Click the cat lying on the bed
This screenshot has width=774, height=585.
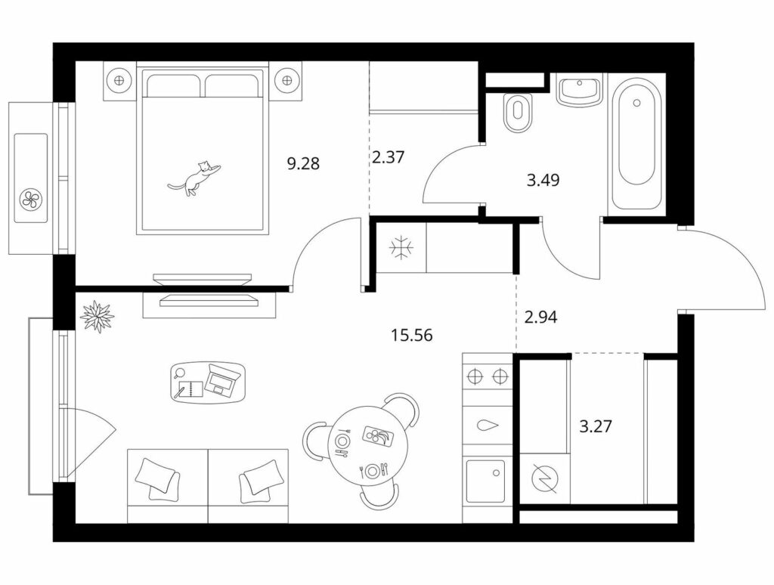pos(194,178)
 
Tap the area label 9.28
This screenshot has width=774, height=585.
pos(303,163)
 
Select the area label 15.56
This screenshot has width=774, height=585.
pos(412,336)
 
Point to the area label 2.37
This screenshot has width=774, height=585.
pos(388,157)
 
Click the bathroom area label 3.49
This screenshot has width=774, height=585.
pos(543,180)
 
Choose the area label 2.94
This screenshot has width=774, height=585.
pos(540,317)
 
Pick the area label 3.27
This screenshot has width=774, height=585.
pos(596,426)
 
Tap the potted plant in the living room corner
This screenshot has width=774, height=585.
pos(97,316)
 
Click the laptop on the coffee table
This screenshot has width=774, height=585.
pos(223,381)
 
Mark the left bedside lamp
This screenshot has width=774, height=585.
pos(119,79)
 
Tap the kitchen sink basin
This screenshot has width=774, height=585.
pos(485,481)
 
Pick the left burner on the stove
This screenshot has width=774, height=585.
pos(475,377)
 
